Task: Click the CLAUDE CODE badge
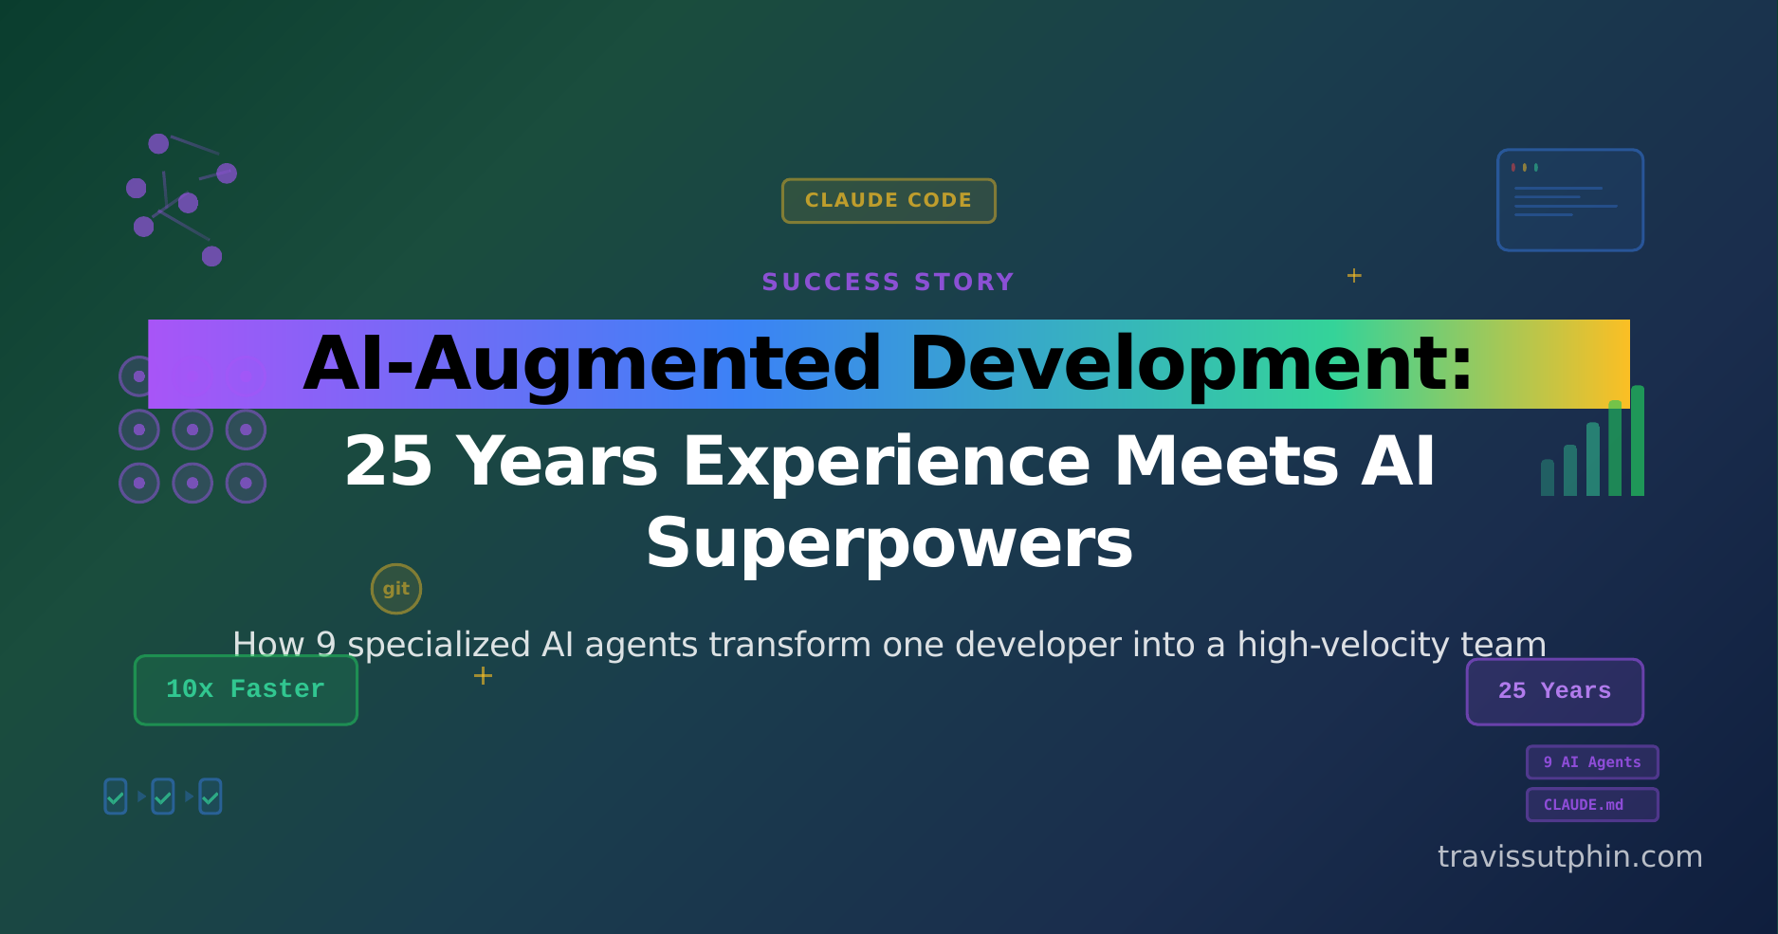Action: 889,200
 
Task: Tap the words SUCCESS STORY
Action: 889,282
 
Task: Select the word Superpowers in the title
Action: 889,543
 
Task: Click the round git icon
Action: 396,589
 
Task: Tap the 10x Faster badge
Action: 246,689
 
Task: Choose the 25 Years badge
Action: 1554,691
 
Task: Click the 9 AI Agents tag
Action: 1592,762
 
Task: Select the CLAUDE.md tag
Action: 1592,805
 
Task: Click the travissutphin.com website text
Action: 1569,856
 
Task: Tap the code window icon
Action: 1570,200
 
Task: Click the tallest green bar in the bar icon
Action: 1638,441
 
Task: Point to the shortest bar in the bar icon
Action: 1548,478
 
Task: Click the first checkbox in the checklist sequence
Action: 116,797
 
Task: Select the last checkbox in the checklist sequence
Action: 211,797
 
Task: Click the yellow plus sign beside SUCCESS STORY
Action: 1354,276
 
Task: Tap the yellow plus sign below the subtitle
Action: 483,675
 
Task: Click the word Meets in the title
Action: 1226,462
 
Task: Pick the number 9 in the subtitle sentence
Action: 325,645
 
